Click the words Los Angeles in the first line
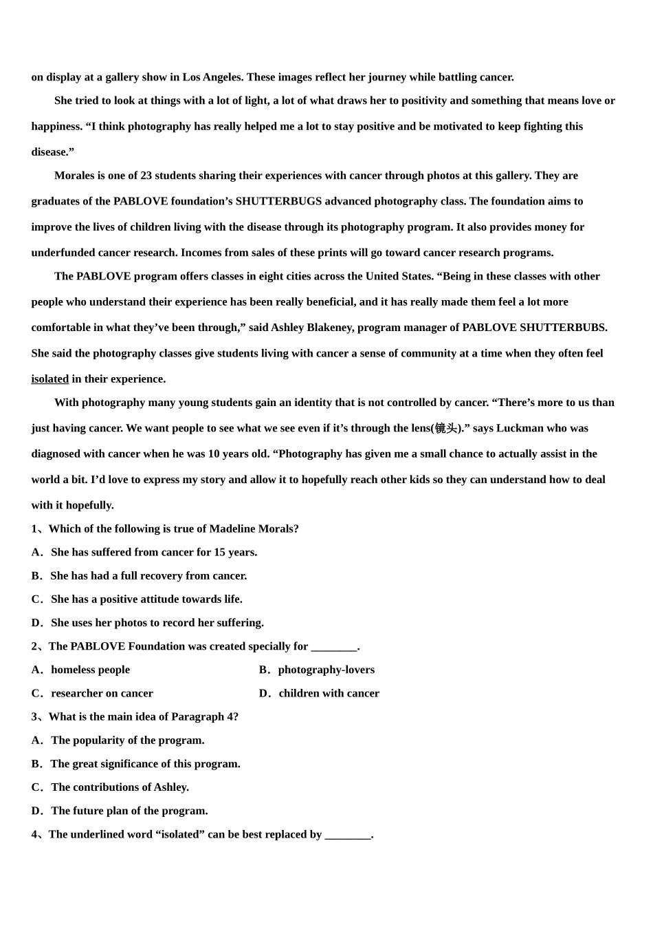[x=212, y=77]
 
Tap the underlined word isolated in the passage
[x=49, y=379]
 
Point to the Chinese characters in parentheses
[x=446, y=429]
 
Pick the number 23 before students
[x=146, y=176]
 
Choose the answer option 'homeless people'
[x=90, y=670]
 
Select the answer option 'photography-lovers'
[x=326, y=670]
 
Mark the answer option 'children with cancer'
[x=329, y=693]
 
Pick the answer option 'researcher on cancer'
[x=102, y=693]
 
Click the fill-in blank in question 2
[x=334, y=647]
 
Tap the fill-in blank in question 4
[x=347, y=835]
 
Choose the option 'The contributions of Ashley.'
[x=120, y=787]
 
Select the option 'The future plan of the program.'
[x=129, y=811]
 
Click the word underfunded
[x=63, y=253]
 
